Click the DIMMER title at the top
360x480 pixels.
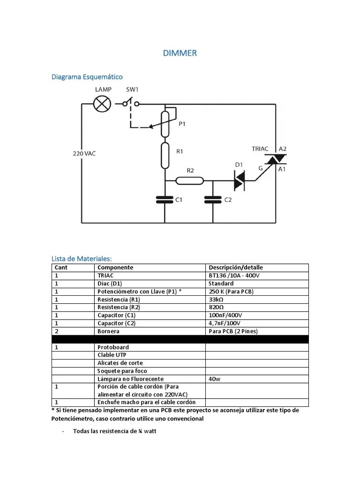[180, 53]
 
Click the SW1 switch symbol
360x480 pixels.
[130, 103]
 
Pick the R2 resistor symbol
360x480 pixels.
[190, 180]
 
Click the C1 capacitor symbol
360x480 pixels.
[165, 200]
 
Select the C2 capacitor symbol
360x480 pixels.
[213, 200]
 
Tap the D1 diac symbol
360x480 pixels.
[239, 180]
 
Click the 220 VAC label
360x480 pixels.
[84, 153]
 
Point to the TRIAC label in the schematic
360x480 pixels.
[260, 149]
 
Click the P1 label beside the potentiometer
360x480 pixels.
[182, 124]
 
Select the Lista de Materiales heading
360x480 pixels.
[82, 258]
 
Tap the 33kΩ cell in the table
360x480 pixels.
[217, 300]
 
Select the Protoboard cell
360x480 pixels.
[113, 347]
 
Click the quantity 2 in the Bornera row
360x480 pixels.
[56, 331]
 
